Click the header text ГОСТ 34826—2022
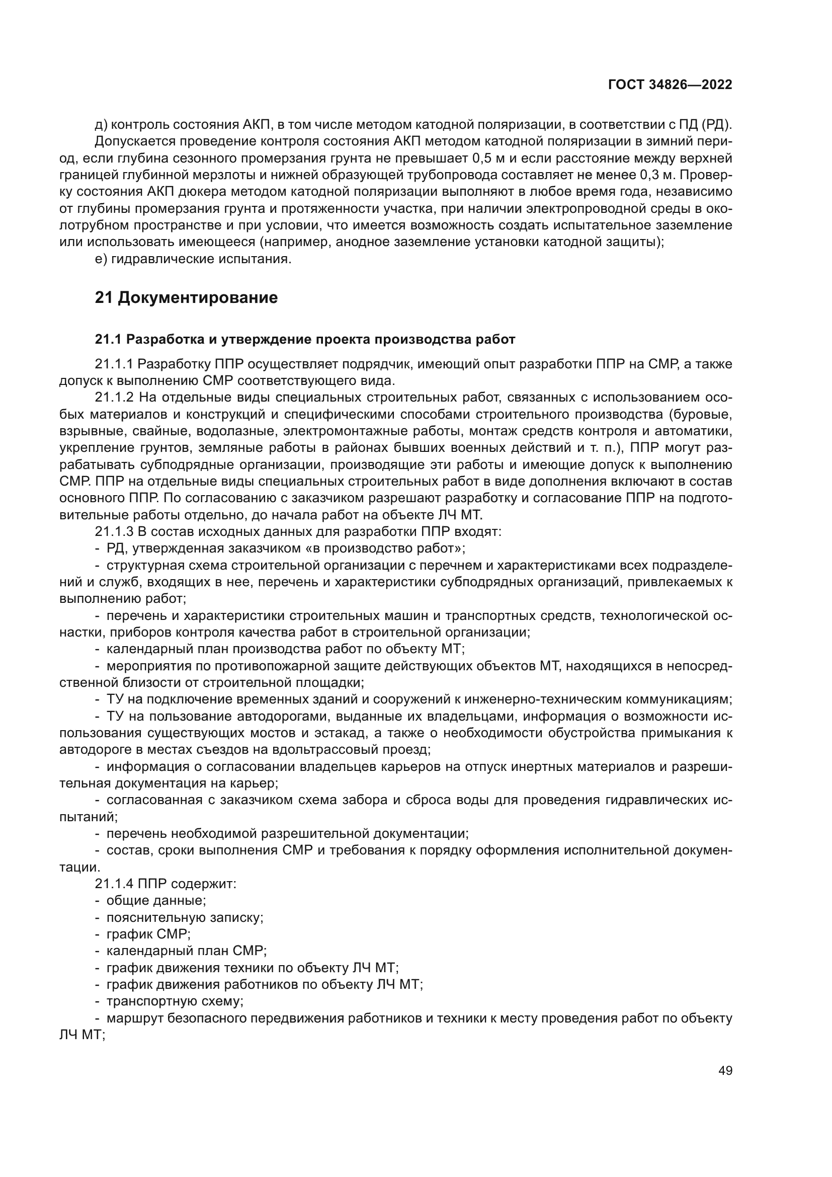pyautogui.click(x=670, y=85)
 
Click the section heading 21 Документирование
pyautogui.click(x=187, y=298)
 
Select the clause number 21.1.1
pyautogui.click(x=114, y=364)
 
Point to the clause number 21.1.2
pyautogui.click(x=114, y=398)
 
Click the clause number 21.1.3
pyautogui.click(x=114, y=531)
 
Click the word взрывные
pyautogui.click(x=89, y=431)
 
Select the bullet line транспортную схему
pyautogui.click(x=174, y=1001)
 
